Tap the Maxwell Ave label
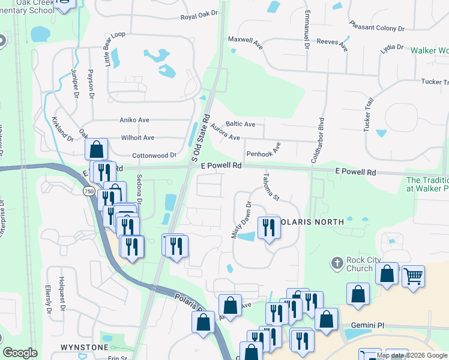pyautogui.click(x=246, y=39)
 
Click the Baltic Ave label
pyautogui.click(x=241, y=124)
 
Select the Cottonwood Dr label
pyautogui.click(x=154, y=155)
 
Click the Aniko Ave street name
pyautogui.click(x=134, y=120)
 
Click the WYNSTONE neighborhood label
pyautogui.click(x=85, y=347)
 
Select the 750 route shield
pyautogui.click(x=89, y=191)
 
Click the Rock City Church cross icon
pyautogui.click(x=337, y=263)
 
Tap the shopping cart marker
pyautogui.click(x=413, y=276)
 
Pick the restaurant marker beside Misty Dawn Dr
pyautogui.click(x=268, y=227)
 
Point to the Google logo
pyautogui.click(x=20, y=353)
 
